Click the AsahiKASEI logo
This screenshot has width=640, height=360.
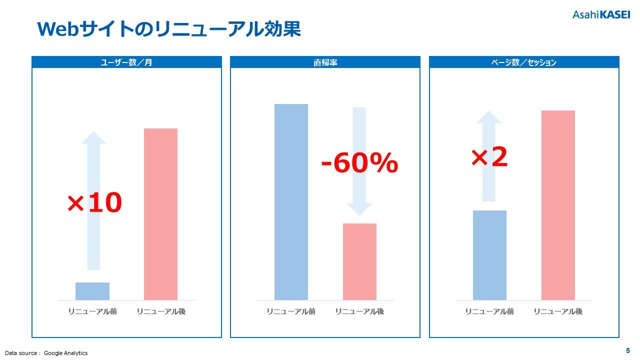(x=601, y=14)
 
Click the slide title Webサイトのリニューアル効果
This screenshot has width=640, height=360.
(x=169, y=29)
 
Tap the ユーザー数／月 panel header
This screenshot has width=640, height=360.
(x=126, y=62)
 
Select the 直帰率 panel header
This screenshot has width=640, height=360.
(x=325, y=62)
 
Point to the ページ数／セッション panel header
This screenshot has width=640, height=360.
(x=524, y=62)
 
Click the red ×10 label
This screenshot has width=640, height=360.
(x=94, y=203)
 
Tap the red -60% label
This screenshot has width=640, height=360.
(x=359, y=163)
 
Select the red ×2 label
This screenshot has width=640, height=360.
(x=489, y=157)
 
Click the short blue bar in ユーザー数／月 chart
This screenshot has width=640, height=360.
(x=92, y=291)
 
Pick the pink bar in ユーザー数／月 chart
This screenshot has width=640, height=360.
(x=160, y=214)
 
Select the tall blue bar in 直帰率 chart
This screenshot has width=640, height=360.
(x=291, y=202)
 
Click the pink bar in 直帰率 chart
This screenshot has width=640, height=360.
(x=359, y=261)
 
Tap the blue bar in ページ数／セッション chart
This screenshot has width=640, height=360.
(x=489, y=255)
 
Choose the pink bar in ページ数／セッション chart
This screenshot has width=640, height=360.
(x=558, y=205)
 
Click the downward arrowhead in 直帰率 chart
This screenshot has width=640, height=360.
(x=359, y=209)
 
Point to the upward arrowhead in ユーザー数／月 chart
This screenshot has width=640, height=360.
(x=93, y=137)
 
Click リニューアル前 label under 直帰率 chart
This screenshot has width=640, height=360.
(x=291, y=311)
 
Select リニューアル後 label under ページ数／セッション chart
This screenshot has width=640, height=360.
(x=558, y=311)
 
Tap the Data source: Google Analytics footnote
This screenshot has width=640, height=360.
(x=46, y=353)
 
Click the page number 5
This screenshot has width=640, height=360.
(x=628, y=350)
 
